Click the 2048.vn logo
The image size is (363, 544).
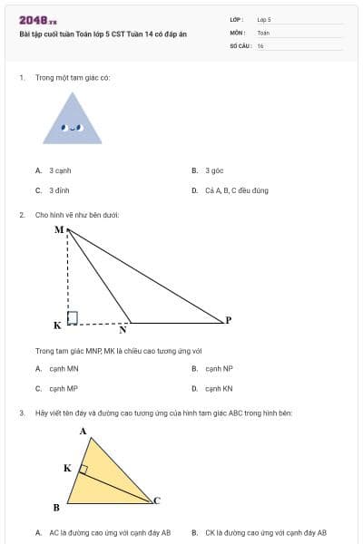pos(38,20)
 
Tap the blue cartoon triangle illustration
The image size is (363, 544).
pos(71,119)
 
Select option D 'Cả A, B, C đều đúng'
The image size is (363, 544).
pos(230,190)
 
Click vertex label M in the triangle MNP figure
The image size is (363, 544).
pos(59,229)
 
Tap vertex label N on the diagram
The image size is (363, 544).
pos(123,330)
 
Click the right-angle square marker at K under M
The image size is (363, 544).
pos(73,317)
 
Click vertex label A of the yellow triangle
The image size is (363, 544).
pos(83,432)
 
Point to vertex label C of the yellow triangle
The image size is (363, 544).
pos(156,500)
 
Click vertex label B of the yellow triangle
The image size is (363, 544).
pos(56,507)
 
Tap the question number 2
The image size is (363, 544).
pos(21,215)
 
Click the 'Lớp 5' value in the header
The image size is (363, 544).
pos(264,18)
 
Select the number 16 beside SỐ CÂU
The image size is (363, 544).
pos(260,45)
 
